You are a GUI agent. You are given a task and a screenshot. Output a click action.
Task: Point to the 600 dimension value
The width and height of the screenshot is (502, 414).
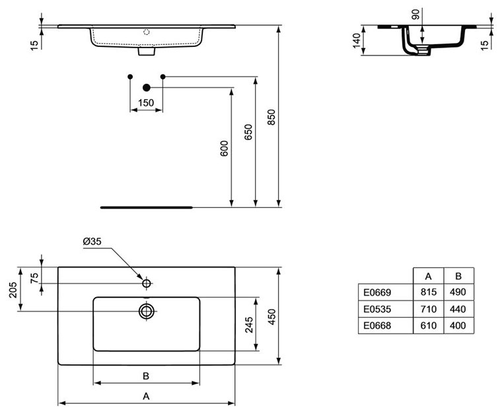pyautogui.click(x=224, y=148)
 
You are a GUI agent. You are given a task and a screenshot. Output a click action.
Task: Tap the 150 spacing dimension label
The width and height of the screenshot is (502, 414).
pyautogui.click(x=145, y=102)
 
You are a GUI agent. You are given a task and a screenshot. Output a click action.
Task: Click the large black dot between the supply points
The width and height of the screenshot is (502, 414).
pyautogui.click(x=147, y=87)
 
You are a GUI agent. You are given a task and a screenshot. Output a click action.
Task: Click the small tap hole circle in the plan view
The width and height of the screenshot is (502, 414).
pyautogui.click(x=147, y=284)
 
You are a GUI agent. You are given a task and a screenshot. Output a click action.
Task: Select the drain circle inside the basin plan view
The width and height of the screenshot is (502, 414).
pyautogui.click(x=147, y=310)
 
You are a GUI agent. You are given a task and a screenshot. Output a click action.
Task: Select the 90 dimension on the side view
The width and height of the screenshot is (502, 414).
pyautogui.click(x=415, y=14)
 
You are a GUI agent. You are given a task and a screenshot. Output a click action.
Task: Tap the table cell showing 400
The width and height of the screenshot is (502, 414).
pyautogui.click(x=457, y=326)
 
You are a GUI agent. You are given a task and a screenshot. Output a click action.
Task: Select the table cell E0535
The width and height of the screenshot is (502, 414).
pyautogui.click(x=377, y=308)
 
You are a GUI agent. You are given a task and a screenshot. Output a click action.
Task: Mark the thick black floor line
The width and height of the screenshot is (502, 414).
pyautogui.click(x=146, y=207)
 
